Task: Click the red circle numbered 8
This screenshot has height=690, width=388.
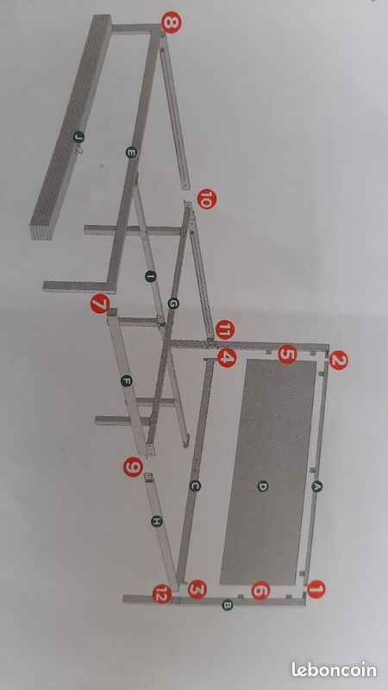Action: click(x=171, y=22)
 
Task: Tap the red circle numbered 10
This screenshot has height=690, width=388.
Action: click(x=206, y=199)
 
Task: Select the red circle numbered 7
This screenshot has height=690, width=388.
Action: click(x=100, y=304)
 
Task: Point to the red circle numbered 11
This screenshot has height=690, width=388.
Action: click(x=225, y=330)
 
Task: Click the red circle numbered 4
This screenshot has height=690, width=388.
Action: click(x=227, y=357)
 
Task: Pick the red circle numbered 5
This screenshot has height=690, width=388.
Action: click(x=287, y=354)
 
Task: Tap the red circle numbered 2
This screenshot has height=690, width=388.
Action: click(x=338, y=361)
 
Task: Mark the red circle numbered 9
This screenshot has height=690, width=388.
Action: click(x=133, y=467)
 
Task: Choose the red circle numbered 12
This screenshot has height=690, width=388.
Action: click(x=162, y=595)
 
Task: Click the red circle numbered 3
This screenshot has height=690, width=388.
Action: click(x=197, y=589)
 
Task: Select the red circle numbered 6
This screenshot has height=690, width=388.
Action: click(x=260, y=590)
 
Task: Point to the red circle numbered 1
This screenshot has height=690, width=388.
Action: click(x=316, y=589)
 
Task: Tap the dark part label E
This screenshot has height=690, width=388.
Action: click(x=131, y=153)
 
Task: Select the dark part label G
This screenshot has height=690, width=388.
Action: click(x=173, y=304)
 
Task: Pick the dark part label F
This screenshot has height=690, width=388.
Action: click(x=127, y=381)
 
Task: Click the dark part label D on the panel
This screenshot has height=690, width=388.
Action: click(x=263, y=486)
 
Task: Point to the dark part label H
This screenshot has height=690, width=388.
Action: click(x=156, y=522)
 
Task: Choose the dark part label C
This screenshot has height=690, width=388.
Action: click(x=196, y=486)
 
